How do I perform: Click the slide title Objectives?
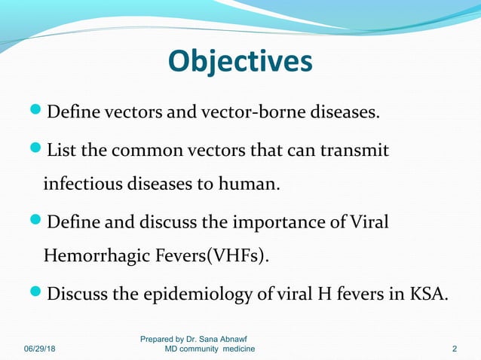240,62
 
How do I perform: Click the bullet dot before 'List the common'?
38,151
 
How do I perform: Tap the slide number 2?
455,349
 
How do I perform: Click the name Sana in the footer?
213,340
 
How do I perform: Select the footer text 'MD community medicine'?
210,349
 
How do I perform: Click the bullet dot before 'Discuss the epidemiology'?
38,292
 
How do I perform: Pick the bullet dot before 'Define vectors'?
38,113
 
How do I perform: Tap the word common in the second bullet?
142,151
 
